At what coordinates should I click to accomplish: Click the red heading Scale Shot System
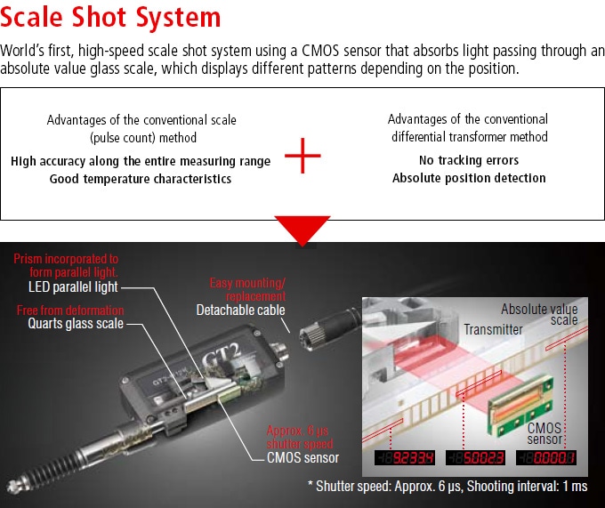[111, 18]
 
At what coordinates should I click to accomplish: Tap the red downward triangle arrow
[302, 229]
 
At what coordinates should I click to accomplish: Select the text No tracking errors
[468, 161]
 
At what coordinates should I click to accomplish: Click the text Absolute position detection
[468, 178]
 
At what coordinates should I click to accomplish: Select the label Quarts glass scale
[74, 325]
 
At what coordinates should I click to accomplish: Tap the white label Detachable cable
[241, 310]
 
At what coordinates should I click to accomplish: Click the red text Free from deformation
[71, 310]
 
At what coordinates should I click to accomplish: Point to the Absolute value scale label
[539, 315]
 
